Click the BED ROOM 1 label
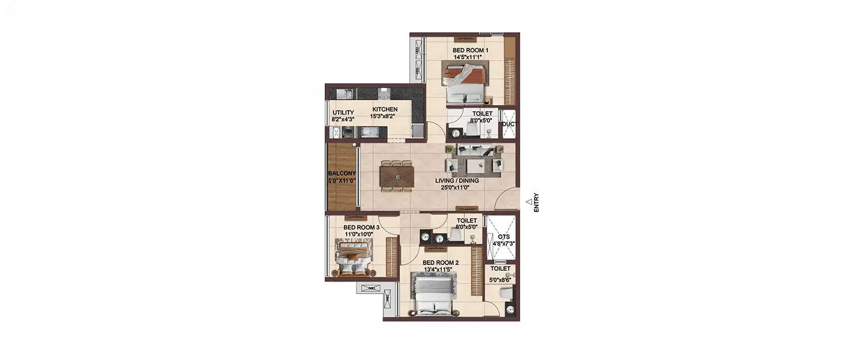tap(470, 51)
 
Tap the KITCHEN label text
tap(385, 109)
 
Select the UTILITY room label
tap(343, 113)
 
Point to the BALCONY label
tap(342, 173)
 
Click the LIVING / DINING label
tap(457, 180)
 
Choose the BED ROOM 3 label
tap(361, 228)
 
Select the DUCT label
tap(509, 124)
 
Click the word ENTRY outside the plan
tap(536, 202)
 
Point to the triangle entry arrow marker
tap(529, 201)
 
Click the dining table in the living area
tap(397, 176)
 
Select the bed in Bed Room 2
tap(434, 295)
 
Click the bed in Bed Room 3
tap(354, 257)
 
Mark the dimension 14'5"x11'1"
tap(470, 57)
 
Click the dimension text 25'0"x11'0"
tap(457, 187)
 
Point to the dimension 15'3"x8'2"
tap(385, 116)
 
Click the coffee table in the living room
tap(476, 166)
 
